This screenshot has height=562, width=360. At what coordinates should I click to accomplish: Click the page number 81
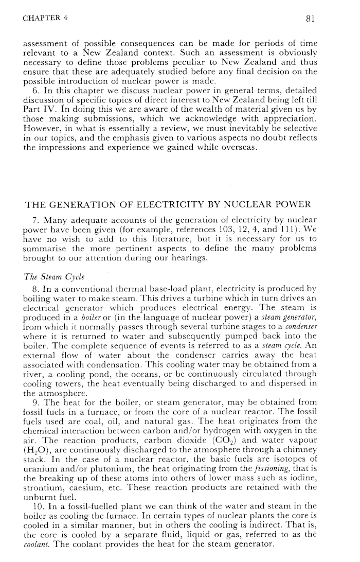pos(310,20)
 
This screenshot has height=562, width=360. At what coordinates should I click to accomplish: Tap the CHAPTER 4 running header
pos(46,20)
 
